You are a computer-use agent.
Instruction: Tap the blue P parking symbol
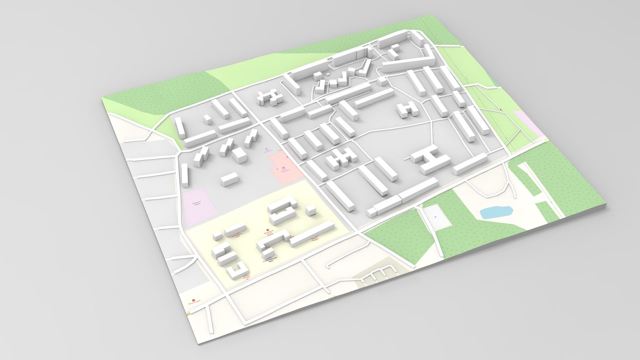[435, 217]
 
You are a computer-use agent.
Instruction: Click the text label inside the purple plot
[198, 204]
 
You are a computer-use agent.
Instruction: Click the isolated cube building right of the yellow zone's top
[311, 210]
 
